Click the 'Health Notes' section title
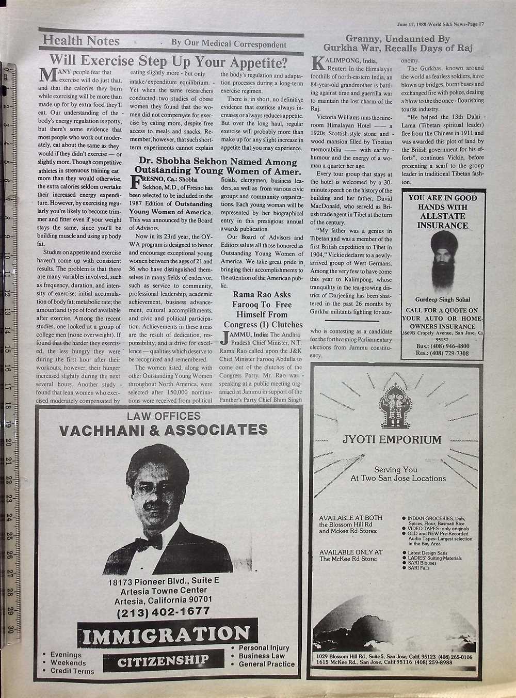pyautogui.click(x=81, y=41)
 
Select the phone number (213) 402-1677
pyautogui.click(x=163, y=612)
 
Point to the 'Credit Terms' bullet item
pyautogui.click(x=72, y=671)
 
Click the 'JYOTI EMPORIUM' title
pyautogui.click(x=392, y=440)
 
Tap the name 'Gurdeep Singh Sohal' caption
pyautogui.click(x=442, y=300)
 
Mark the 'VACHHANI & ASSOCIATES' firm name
pyautogui.click(x=164, y=430)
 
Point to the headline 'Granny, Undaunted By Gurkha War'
pyautogui.click(x=397, y=43)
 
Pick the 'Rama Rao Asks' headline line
pyautogui.click(x=262, y=294)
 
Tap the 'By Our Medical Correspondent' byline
pyautogui.click(x=229, y=44)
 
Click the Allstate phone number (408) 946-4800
pyautogui.click(x=442, y=346)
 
